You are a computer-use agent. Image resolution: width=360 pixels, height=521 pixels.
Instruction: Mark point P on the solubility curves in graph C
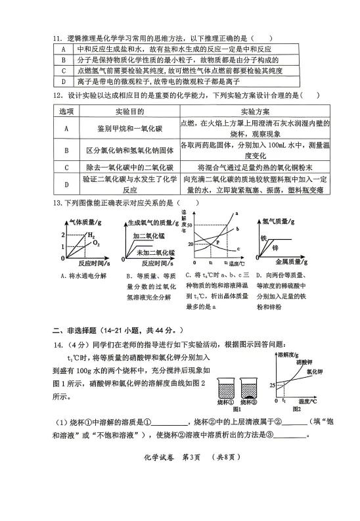[x=217, y=242]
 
